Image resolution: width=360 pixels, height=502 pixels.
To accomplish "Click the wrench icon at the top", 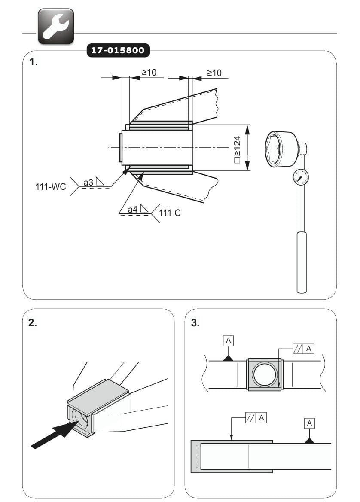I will tap(56, 26).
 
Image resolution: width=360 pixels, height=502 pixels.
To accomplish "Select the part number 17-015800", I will tap(119, 51).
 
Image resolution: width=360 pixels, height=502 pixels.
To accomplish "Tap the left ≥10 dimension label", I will tap(149, 73).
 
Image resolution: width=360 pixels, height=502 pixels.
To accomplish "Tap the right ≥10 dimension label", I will tap(214, 73).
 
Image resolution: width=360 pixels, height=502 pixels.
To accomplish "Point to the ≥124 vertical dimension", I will tap(237, 148).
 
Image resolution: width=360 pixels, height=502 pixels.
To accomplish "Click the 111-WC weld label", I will tap(51, 187).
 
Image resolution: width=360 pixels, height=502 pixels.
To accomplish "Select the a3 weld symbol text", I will tap(89, 182).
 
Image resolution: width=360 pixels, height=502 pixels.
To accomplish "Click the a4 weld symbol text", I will tap(134, 209).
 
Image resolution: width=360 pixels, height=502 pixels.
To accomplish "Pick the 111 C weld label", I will tap(170, 212).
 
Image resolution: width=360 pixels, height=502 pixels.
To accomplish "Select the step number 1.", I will tap(34, 62).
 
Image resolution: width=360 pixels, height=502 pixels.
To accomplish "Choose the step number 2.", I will tap(33, 323).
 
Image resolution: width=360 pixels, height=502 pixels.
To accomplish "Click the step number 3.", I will tap(195, 323).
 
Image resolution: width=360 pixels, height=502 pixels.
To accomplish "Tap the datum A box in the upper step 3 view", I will tap(229, 341).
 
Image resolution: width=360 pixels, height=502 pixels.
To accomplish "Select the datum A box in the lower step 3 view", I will tap(309, 423).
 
